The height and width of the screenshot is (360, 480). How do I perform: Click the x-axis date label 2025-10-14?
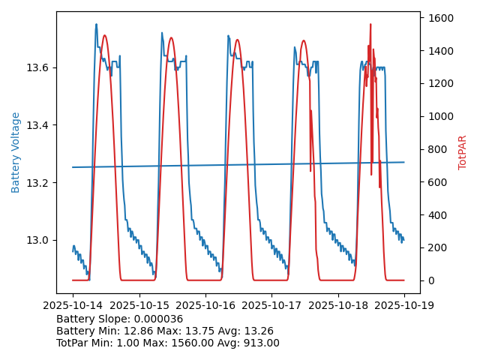(73, 305)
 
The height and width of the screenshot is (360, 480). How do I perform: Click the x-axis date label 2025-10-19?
(404, 305)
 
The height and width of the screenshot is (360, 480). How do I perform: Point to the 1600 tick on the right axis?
(439, 18)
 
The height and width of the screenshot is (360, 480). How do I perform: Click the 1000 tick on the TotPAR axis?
(439, 116)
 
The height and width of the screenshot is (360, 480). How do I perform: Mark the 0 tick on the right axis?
(430, 280)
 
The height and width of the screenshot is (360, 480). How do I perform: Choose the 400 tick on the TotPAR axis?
(436, 215)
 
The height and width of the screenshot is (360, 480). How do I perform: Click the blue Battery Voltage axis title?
(16, 152)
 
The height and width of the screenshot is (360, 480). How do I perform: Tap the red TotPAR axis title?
(463, 152)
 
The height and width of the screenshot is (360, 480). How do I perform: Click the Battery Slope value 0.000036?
(157, 319)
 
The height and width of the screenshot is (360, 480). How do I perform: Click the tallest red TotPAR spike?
(370, 25)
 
